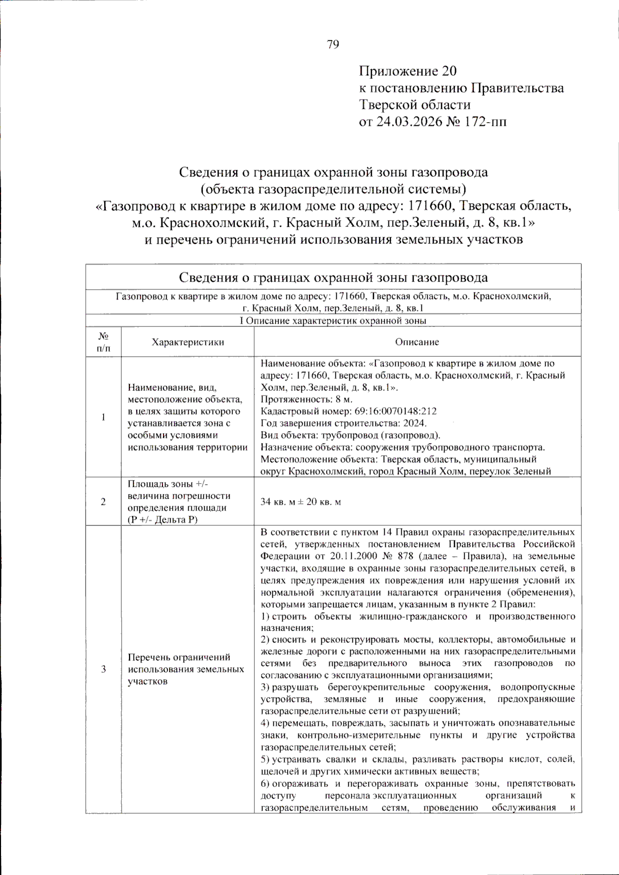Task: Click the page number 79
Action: [333, 44]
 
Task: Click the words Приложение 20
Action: [408, 71]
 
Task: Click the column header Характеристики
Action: [188, 342]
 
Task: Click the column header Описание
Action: [417, 342]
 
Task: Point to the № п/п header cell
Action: [103, 342]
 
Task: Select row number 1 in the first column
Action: [103, 417]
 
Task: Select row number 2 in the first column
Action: [103, 502]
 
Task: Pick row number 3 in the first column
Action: [103, 669]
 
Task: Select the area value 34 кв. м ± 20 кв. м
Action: [301, 502]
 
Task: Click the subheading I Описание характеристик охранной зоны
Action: [333, 321]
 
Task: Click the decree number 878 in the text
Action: [405, 556]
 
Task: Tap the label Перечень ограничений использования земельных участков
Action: [186, 669]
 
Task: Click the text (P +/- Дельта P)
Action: [162, 520]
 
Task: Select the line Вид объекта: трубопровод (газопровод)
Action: [350, 435]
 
